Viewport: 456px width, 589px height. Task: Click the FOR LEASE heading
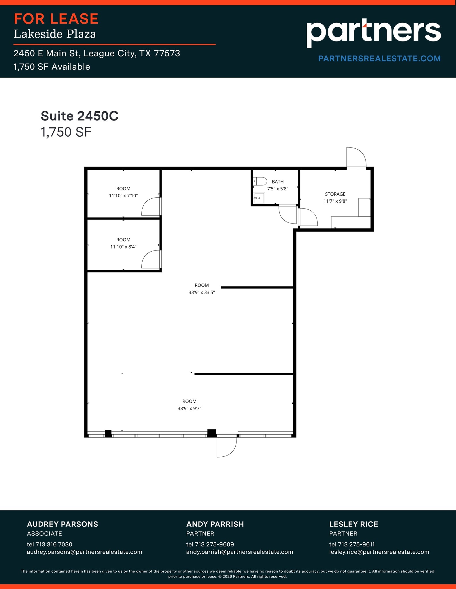click(56, 19)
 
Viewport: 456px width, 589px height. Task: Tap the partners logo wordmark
click(373, 32)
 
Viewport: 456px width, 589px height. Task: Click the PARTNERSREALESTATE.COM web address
click(379, 59)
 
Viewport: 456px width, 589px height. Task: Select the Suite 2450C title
click(80, 116)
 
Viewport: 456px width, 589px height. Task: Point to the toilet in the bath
click(260, 181)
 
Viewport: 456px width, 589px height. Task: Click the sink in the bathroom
click(259, 198)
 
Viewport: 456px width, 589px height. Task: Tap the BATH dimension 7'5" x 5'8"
click(278, 189)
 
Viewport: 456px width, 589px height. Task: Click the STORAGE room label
click(335, 194)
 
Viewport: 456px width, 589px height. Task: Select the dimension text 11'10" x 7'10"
click(123, 196)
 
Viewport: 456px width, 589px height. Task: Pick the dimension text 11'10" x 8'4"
click(123, 247)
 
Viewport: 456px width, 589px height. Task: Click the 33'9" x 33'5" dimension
click(202, 292)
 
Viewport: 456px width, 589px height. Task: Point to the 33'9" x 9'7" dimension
click(189, 408)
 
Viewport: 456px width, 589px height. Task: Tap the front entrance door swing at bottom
click(226, 447)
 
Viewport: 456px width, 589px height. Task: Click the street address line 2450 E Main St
click(97, 53)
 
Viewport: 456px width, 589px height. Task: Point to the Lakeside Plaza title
click(55, 34)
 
